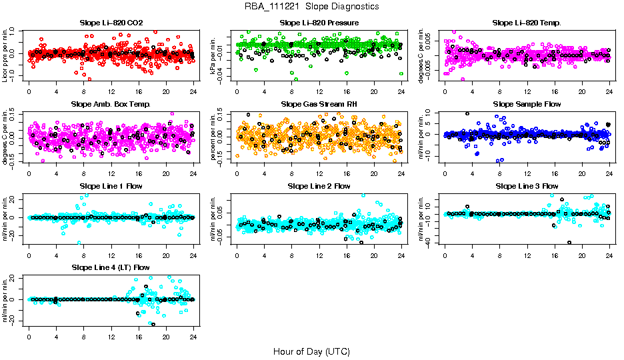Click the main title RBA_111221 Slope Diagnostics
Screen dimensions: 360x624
pyautogui.click(x=311, y=7)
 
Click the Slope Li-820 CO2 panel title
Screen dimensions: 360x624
pyautogui.click(x=111, y=23)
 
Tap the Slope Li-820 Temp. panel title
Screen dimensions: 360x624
pyautogui.click(x=527, y=23)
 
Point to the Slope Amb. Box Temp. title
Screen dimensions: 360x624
pyautogui.click(x=111, y=104)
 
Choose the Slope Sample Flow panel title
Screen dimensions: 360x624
pyautogui.click(x=527, y=104)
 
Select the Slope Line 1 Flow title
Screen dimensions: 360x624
pyautogui.click(x=111, y=185)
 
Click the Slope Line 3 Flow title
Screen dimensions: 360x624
pyautogui.click(x=527, y=185)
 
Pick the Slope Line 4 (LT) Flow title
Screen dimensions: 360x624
pyautogui.click(x=111, y=267)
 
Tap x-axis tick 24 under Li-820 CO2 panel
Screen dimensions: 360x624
pyautogui.click(x=193, y=91)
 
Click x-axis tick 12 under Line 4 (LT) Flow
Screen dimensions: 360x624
pyautogui.click(x=111, y=336)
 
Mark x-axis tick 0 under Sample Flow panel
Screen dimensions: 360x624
pyautogui.click(x=445, y=173)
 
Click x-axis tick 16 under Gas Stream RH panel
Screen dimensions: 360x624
pyautogui.click(x=346, y=173)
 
